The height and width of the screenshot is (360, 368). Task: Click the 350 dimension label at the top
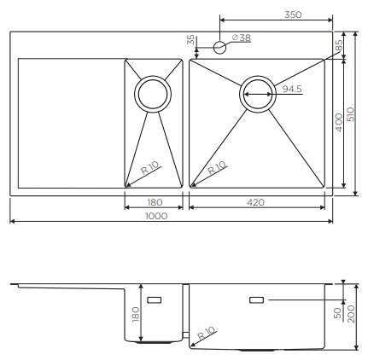(x=293, y=15)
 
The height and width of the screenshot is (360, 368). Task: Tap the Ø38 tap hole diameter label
(x=242, y=38)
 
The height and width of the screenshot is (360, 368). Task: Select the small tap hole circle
(x=219, y=47)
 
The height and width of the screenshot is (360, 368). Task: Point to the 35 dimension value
(x=191, y=40)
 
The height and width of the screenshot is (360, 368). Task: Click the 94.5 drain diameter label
(x=292, y=89)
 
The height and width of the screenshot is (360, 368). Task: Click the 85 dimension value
(x=338, y=45)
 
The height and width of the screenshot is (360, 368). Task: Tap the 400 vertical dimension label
(x=339, y=123)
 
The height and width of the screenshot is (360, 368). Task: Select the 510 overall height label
(x=351, y=114)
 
